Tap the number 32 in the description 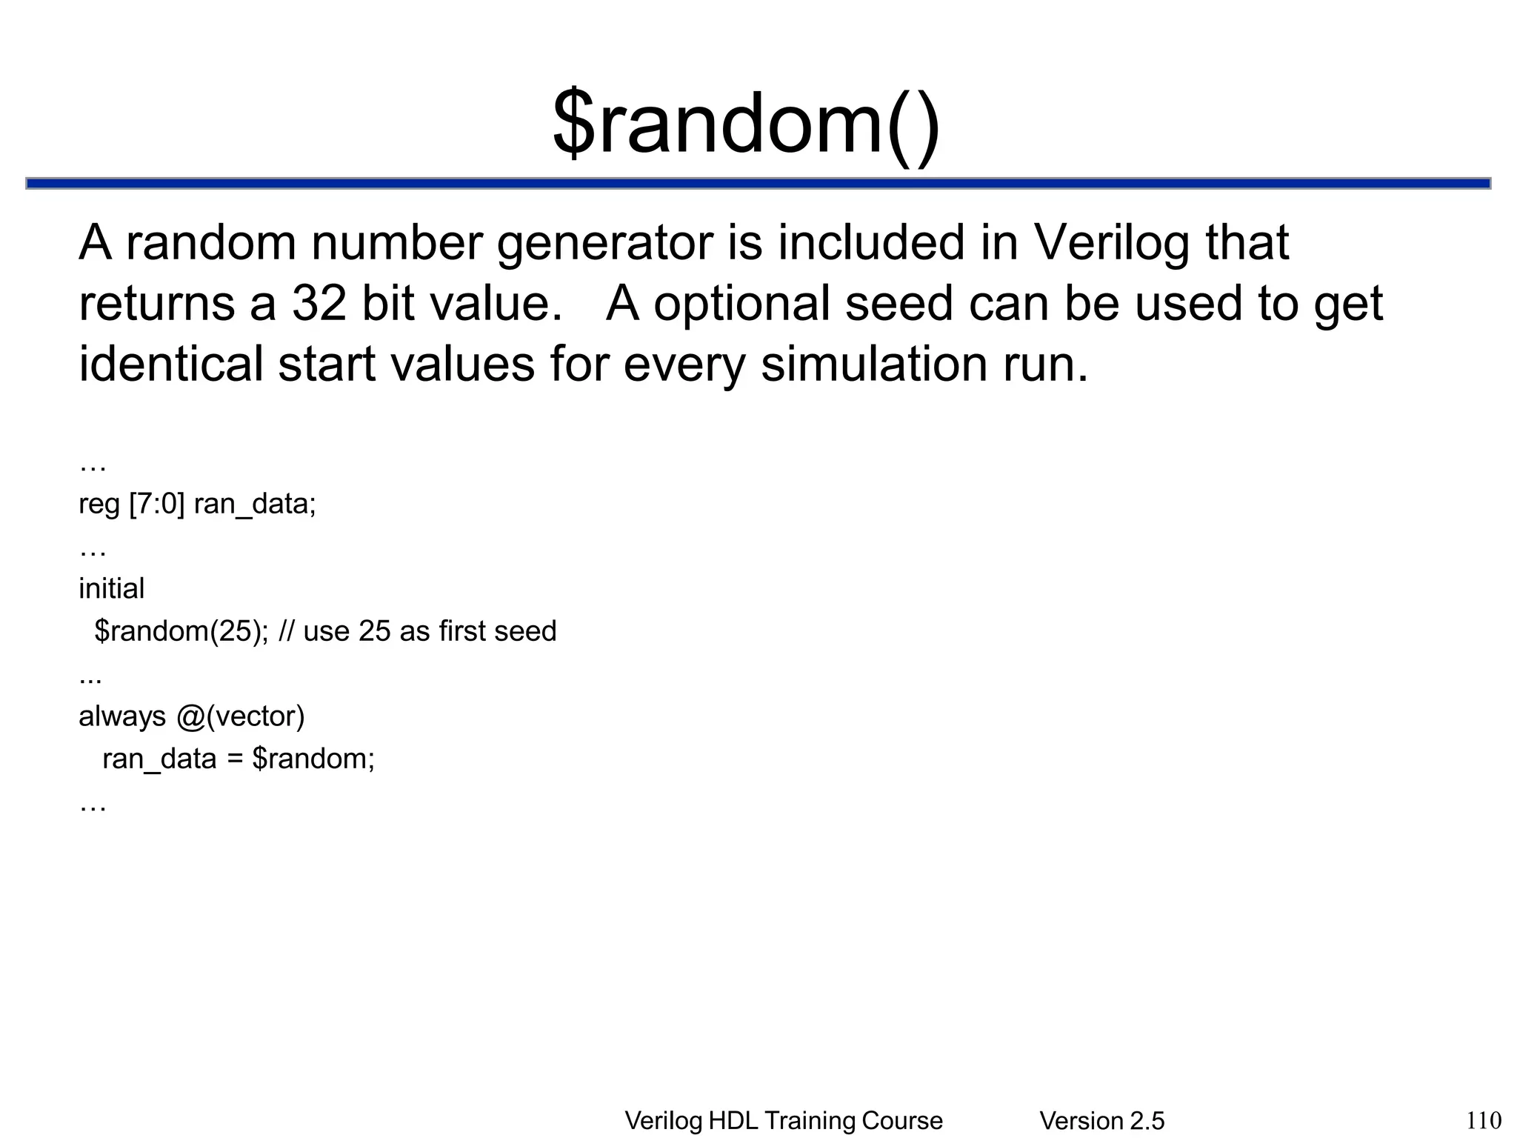(x=319, y=303)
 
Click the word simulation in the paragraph (x=874, y=365)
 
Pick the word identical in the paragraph (x=170, y=365)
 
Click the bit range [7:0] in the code (x=156, y=505)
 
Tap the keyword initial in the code (x=111, y=589)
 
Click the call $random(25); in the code (x=181, y=631)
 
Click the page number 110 (x=1484, y=1119)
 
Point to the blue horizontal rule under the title (x=758, y=183)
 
